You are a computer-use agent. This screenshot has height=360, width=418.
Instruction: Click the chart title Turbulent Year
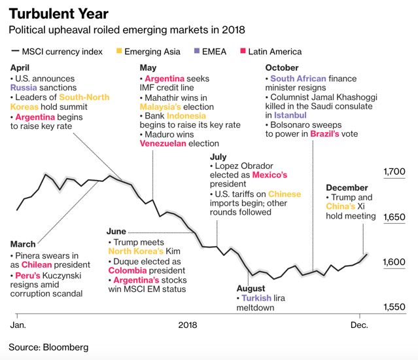pyautogui.click(x=58, y=14)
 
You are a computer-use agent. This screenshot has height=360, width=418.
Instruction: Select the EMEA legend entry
pyautogui.click(x=212, y=51)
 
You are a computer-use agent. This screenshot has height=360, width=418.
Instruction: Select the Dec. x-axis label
pyautogui.click(x=360, y=325)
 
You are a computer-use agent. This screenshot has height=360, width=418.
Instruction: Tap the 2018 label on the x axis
pyautogui.click(x=188, y=325)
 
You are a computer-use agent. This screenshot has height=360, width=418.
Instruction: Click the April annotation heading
pyautogui.click(x=22, y=67)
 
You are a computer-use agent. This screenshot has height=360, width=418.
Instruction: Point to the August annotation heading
pyautogui.click(x=251, y=288)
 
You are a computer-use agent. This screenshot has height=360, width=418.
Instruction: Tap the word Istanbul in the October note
pyautogui.click(x=285, y=115)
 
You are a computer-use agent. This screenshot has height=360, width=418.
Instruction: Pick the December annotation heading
pyautogui.click(x=347, y=188)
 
